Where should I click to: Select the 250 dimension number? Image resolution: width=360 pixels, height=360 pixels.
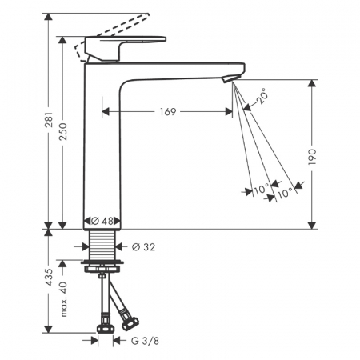tap(63, 132)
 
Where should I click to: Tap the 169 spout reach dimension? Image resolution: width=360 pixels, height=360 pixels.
tap(168, 112)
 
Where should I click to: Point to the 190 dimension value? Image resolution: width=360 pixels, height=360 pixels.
tap(312, 157)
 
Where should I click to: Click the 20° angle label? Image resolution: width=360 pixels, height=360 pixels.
tap(262, 96)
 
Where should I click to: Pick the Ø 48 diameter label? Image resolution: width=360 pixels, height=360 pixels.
tap(102, 221)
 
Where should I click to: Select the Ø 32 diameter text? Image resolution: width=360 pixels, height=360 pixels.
tap(143, 247)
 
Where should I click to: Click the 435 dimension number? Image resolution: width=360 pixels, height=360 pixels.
tap(50, 277)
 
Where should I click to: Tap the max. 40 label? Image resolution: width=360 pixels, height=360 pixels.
tap(63, 299)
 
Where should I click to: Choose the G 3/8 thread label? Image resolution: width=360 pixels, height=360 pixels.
tap(145, 341)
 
